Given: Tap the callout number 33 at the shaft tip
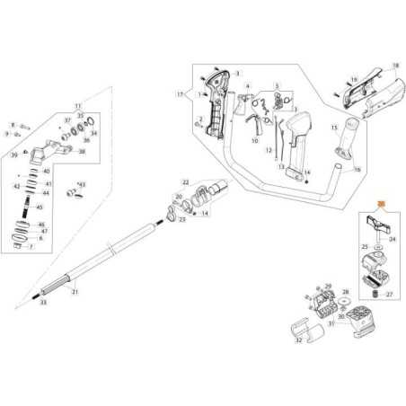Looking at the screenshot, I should [42, 303].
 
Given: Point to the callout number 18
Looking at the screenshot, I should [394, 67].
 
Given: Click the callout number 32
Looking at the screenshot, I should [299, 340].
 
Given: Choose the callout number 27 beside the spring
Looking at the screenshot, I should [391, 293].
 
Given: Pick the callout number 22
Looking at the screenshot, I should [185, 181].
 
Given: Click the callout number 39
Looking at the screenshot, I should [14, 154].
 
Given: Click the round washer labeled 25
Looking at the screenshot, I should [377, 244].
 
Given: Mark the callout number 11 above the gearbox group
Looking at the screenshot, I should [77, 106].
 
